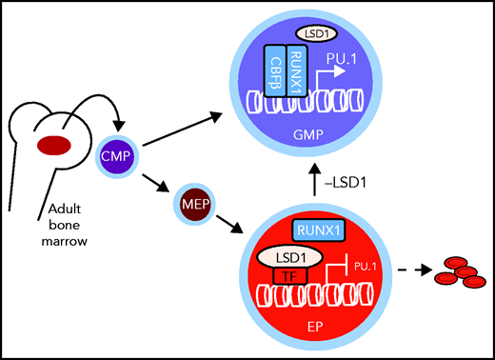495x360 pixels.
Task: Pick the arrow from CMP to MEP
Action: (155, 177)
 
